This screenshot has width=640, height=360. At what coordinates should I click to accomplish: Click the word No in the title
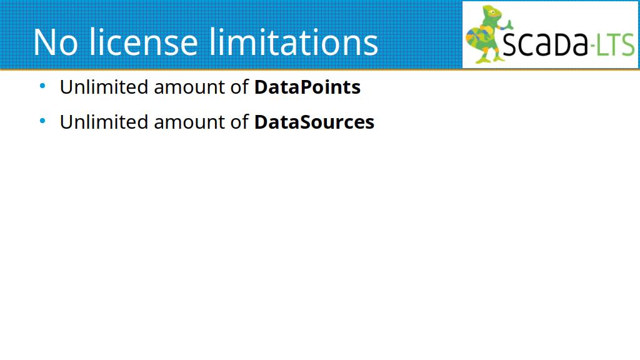55,42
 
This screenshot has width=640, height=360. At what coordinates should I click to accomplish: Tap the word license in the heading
143,41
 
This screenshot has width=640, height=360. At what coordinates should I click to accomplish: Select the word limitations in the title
294,41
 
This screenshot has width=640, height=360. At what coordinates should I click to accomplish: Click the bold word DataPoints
307,87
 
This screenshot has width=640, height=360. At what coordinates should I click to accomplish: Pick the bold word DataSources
314,122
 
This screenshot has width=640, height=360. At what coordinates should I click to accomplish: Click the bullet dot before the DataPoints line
42,86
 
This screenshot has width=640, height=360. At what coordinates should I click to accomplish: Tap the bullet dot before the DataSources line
42,121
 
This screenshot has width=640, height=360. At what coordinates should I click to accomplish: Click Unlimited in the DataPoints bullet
104,87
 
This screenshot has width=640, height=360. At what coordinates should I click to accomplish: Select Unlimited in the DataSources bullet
104,122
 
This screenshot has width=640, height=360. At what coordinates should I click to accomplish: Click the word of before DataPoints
239,87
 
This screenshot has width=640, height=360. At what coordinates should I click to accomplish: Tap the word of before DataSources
239,122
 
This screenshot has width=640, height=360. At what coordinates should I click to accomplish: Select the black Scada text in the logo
545,42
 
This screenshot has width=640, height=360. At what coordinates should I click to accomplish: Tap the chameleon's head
491,14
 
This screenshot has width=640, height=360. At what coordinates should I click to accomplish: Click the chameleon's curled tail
475,39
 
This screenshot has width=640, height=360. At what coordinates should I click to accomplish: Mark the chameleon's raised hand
509,24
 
